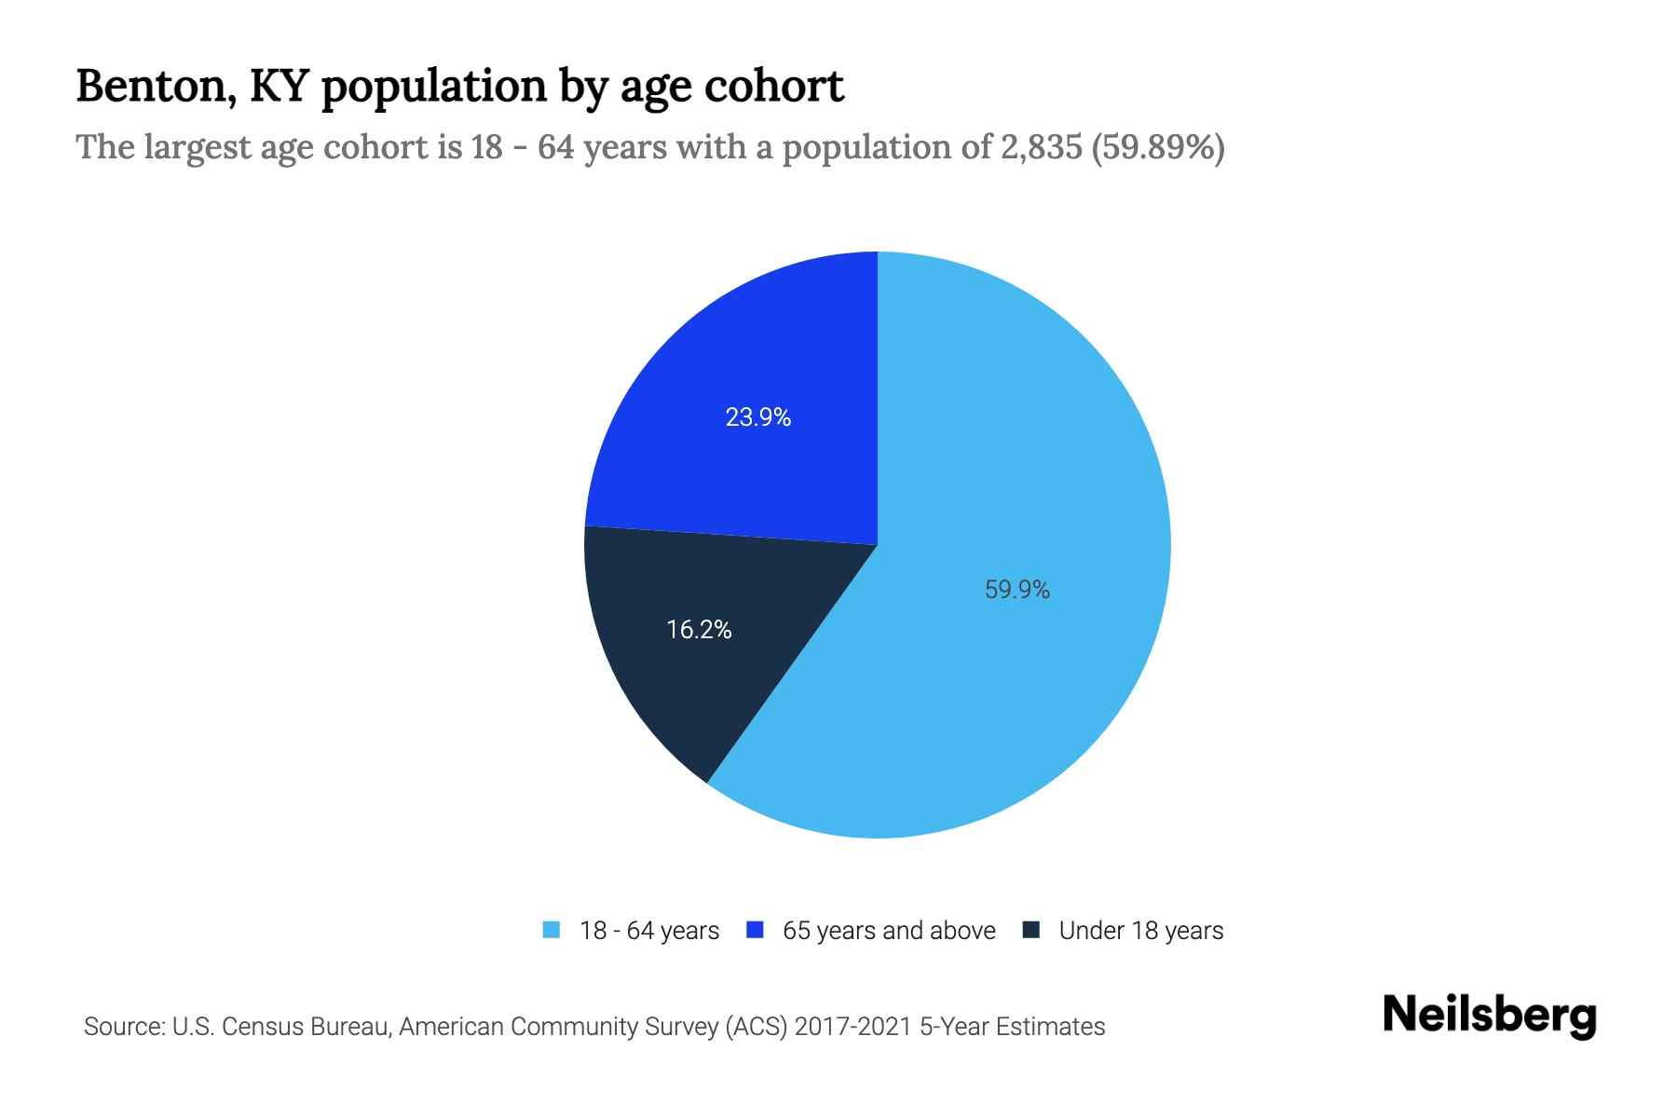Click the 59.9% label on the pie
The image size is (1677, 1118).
[x=1016, y=590]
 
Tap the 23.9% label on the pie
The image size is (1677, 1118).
[x=757, y=417]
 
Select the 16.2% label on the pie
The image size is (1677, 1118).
[x=699, y=630]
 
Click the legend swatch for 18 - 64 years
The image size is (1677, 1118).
[x=552, y=930]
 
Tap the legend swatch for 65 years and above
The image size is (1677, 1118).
[x=756, y=930]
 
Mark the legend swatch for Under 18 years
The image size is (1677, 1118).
[x=1031, y=930]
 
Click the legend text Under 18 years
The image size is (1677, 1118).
[x=1140, y=931]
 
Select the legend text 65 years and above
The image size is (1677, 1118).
[x=889, y=931]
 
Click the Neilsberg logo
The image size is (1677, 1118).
[x=1489, y=1016]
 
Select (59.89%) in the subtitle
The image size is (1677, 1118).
[x=1157, y=147]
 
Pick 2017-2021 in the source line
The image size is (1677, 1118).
[x=853, y=1027]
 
